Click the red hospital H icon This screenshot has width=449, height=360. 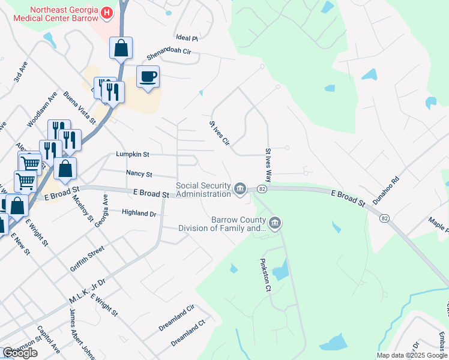pos(107,13)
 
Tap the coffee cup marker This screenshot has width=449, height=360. pos(148,76)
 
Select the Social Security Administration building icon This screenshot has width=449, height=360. pos(240,188)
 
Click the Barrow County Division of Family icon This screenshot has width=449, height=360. pos(275,224)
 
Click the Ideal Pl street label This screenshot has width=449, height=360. pos(187,37)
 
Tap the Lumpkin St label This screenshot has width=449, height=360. pos(133,154)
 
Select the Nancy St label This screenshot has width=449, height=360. pos(139,173)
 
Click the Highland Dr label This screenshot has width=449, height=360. pos(139,213)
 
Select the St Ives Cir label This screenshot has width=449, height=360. pos(219,133)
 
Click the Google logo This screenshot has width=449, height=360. pos(20,353)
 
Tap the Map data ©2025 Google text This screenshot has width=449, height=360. pos(412,355)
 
